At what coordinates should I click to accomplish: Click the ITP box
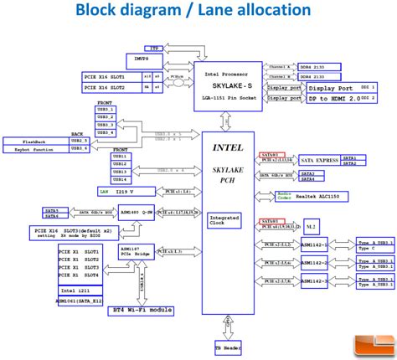click(152, 50)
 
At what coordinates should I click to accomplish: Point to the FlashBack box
click(41, 140)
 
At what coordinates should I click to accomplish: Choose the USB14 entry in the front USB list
click(120, 179)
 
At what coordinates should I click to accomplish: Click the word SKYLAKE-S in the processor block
click(229, 85)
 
